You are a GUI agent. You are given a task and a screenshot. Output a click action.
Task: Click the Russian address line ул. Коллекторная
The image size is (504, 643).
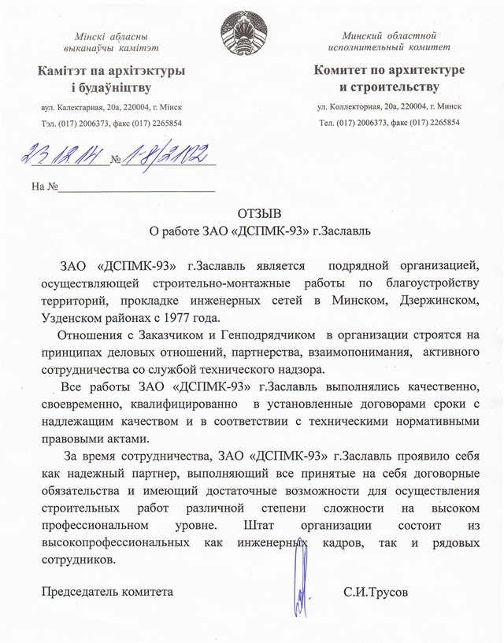coord(389,105)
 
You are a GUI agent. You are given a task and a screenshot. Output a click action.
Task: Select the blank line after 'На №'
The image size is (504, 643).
coord(137,187)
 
